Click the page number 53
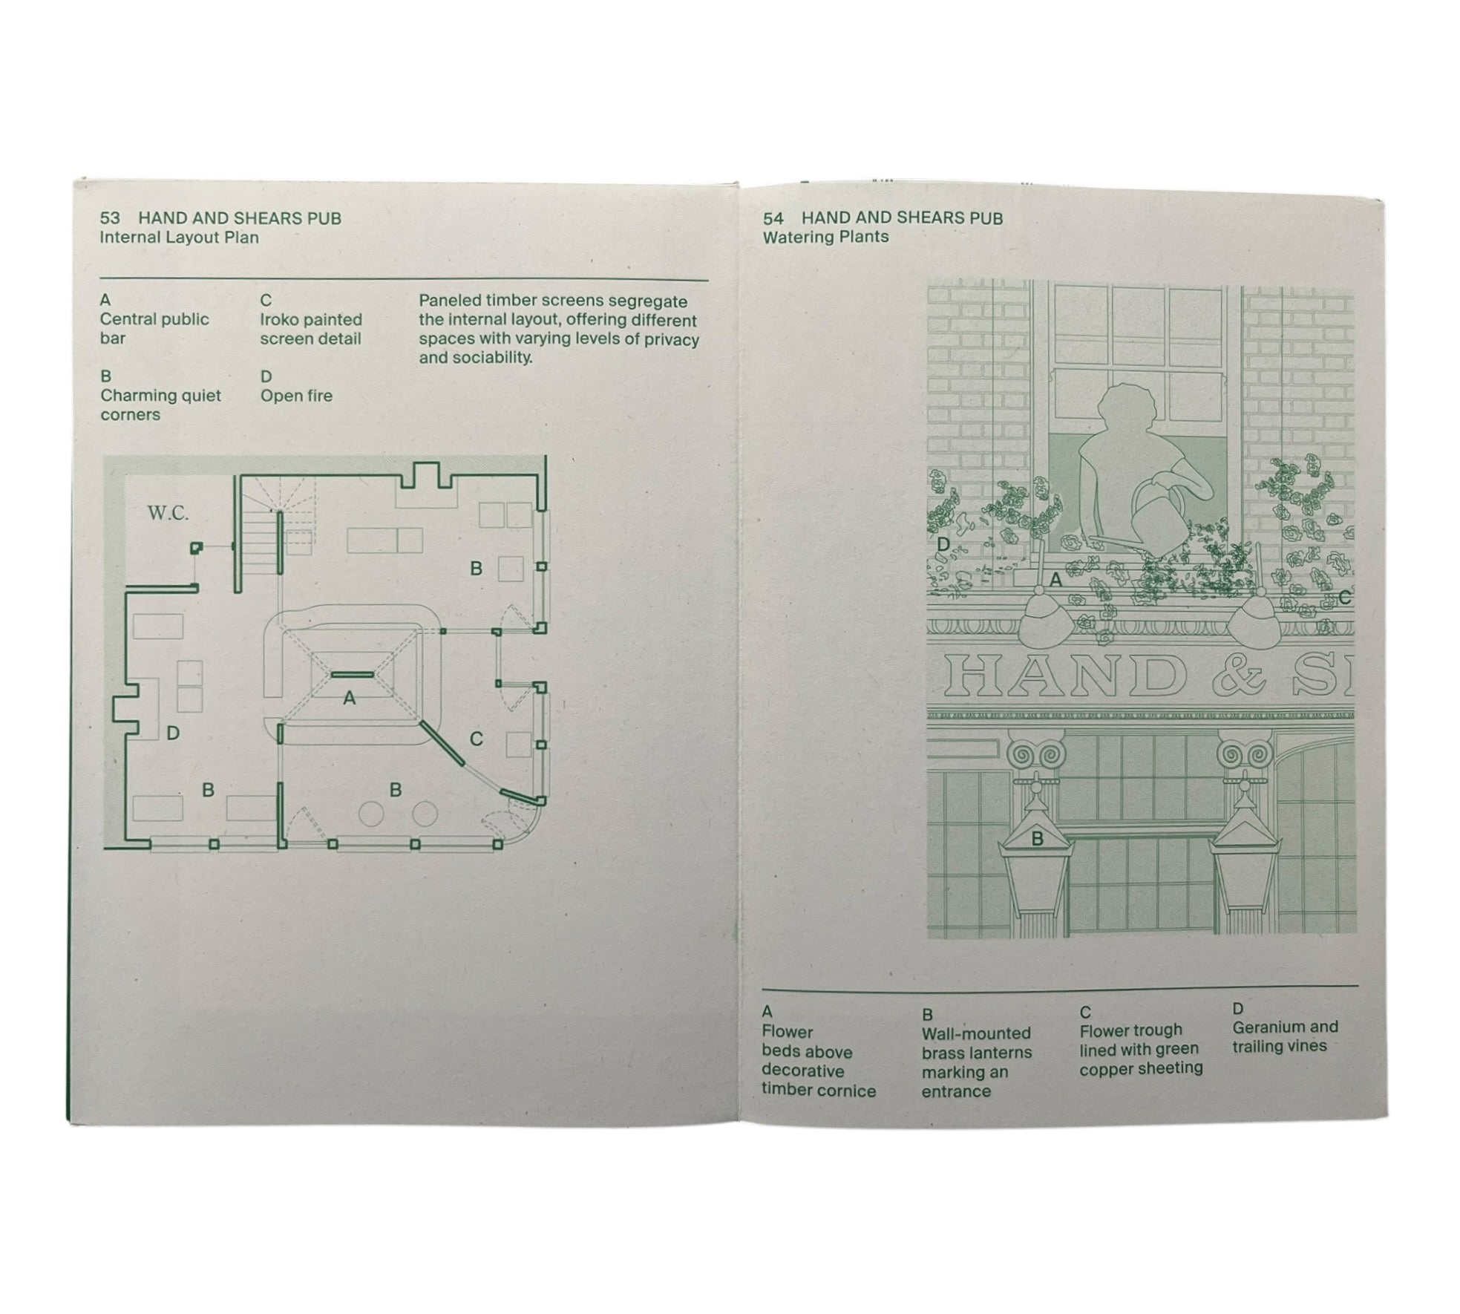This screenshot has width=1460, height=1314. coord(110,218)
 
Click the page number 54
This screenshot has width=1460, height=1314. coord(773,218)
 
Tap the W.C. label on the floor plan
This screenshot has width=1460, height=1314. coord(168,513)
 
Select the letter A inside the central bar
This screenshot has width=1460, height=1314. coord(349,698)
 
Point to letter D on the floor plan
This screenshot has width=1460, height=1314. coord(173,733)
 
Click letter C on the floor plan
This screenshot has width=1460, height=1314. coord(477,739)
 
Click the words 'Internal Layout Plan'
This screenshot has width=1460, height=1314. coord(179,238)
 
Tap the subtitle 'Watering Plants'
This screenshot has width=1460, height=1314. coord(825,237)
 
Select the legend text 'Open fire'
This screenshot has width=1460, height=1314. coord(296,396)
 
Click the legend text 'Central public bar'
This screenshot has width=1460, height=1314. coord(154,328)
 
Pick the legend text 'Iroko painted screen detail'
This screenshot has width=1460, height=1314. coord(310,329)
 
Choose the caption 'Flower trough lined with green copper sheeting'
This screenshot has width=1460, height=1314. coord(1141,1049)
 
